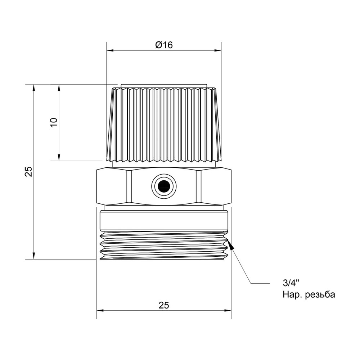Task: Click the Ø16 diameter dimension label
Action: (164, 45)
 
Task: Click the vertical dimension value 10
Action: (54, 122)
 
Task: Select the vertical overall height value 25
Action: (28, 171)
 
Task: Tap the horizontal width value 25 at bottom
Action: (164, 305)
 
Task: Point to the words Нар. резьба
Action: (309, 295)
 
